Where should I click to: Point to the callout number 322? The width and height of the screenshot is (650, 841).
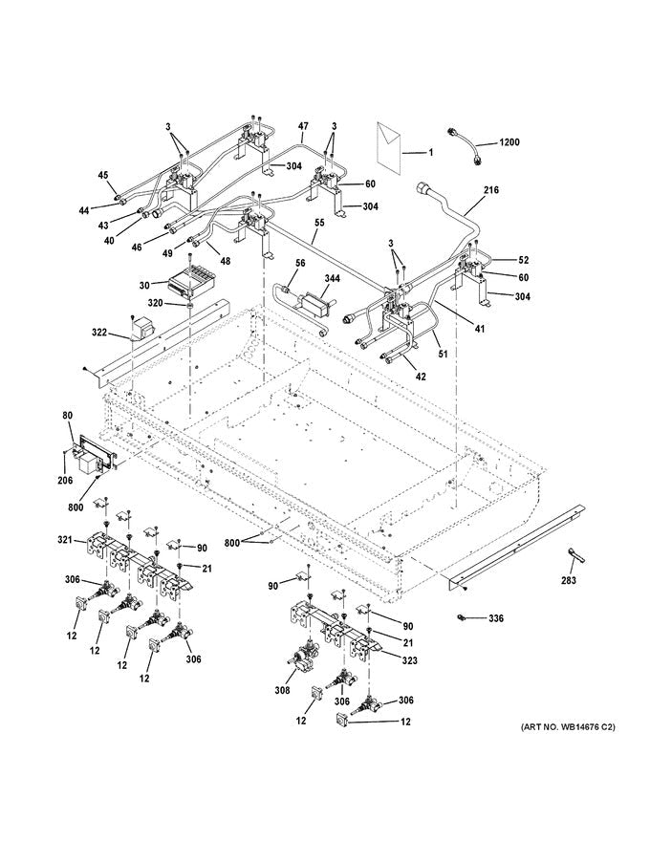point(99,333)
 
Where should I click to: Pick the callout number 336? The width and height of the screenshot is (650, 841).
point(495,619)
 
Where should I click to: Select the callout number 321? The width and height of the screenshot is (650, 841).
point(65,541)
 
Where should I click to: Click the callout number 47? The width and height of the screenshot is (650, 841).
point(303,126)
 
